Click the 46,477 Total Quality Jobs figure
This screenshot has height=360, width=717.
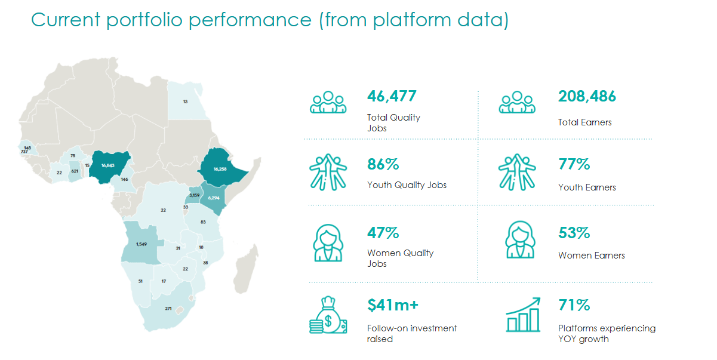tap(392, 96)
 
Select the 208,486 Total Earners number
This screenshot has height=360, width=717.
tap(587, 96)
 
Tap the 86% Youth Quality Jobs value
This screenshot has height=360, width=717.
tap(383, 165)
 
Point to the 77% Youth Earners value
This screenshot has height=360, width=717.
tap(574, 165)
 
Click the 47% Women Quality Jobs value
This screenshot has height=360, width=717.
tap(383, 233)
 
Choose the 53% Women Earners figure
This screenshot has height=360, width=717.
tap(574, 233)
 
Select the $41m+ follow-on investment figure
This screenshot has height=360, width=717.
tap(393, 305)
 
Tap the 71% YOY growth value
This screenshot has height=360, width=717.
tap(574, 305)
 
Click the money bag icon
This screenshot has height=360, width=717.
tap(328, 315)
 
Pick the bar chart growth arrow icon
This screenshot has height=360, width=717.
tap(523, 315)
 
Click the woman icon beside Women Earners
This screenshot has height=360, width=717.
tap(520, 239)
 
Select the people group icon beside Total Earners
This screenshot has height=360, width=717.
tap(516, 103)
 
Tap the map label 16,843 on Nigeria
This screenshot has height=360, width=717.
tap(108, 165)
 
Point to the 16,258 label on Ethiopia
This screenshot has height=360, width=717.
tap(220, 169)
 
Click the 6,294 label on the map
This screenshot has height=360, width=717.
tap(214, 198)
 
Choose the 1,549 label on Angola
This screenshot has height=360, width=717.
tap(141, 244)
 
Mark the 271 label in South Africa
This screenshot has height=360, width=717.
tap(168, 309)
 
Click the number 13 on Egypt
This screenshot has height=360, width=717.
tap(185, 101)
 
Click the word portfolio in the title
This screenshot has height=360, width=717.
tap(144, 20)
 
